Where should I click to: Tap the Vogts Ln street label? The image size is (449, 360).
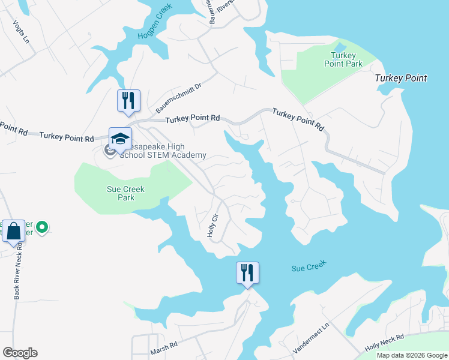[21, 32]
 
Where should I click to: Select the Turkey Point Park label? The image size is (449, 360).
[343, 59]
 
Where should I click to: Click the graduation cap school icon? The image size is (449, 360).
[120, 139]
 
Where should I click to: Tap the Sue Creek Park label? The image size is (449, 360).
[125, 193]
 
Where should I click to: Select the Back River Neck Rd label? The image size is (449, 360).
[19, 270]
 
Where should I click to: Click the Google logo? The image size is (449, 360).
[20, 353]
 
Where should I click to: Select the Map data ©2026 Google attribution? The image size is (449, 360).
[411, 355]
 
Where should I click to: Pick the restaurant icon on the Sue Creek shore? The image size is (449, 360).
[247, 272]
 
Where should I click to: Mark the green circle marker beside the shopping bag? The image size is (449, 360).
[41, 227]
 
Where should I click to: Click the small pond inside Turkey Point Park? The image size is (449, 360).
[340, 47]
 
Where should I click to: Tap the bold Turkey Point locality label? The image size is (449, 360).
[400, 78]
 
